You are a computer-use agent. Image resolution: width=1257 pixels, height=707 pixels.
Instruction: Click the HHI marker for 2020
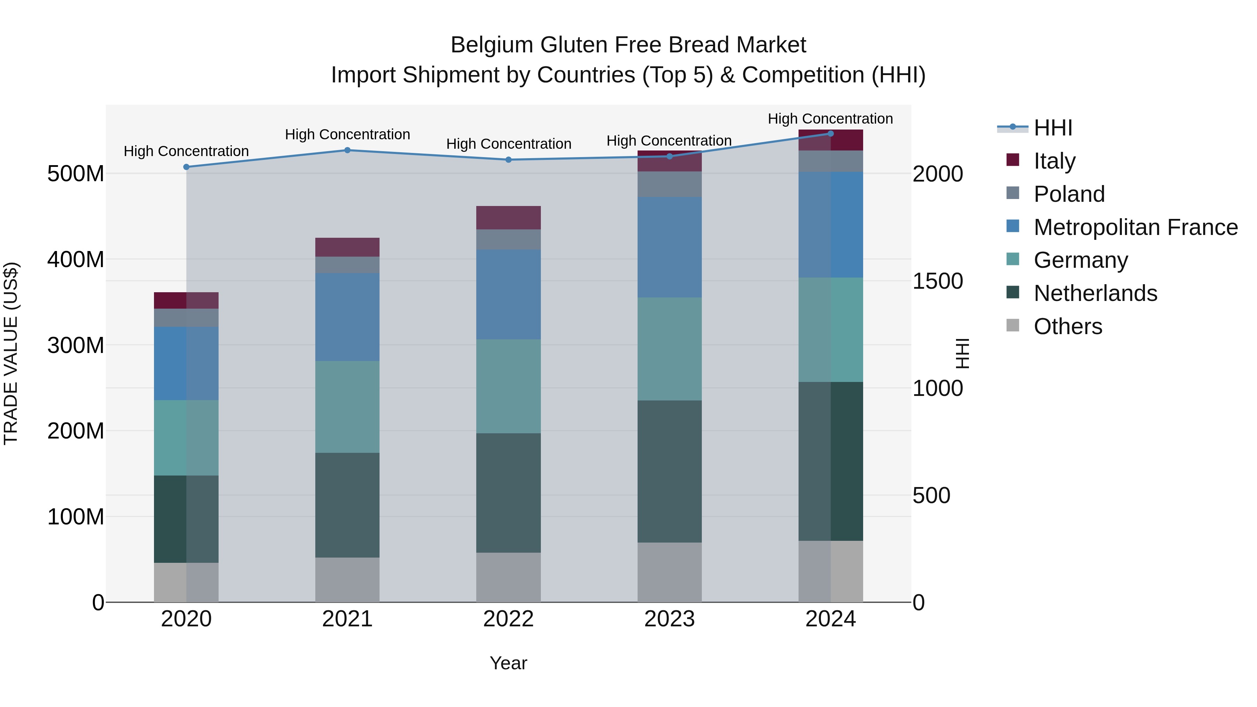click(x=186, y=167)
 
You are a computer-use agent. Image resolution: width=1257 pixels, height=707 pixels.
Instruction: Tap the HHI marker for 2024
click(x=831, y=133)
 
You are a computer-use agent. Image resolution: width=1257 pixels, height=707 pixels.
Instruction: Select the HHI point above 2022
click(x=508, y=160)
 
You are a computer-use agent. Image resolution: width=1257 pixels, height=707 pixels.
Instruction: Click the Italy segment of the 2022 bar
click(x=508, y=218)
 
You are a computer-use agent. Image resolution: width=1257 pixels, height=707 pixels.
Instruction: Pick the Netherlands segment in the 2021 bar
click(x=347, y=505)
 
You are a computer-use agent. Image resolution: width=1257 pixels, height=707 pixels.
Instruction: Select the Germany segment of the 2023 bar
click(x=669, y=349)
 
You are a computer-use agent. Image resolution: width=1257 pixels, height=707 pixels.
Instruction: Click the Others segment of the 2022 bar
click(x=508, y=577)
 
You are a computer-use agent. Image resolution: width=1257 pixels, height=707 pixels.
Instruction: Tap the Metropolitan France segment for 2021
click(x=347, y=317)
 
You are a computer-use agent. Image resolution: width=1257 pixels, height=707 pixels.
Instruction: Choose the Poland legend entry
click(x=1069, y=194)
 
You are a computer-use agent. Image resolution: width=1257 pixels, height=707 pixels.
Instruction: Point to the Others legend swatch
click(x=1013, y=325)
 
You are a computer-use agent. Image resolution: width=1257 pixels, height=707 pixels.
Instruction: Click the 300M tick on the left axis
click(x=76, y=345)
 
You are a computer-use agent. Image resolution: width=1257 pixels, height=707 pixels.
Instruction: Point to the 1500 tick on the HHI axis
click(x=938, y=281)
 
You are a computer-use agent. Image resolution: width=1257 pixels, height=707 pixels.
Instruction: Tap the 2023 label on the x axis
click(x=669, y=619)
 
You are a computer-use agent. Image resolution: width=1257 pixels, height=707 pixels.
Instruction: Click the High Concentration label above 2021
click(x=347, y=134)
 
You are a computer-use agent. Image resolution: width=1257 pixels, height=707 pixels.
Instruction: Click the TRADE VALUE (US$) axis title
click(x=11, y=353)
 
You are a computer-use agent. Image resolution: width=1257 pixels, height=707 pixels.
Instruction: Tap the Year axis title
click(x=508, y=663)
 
